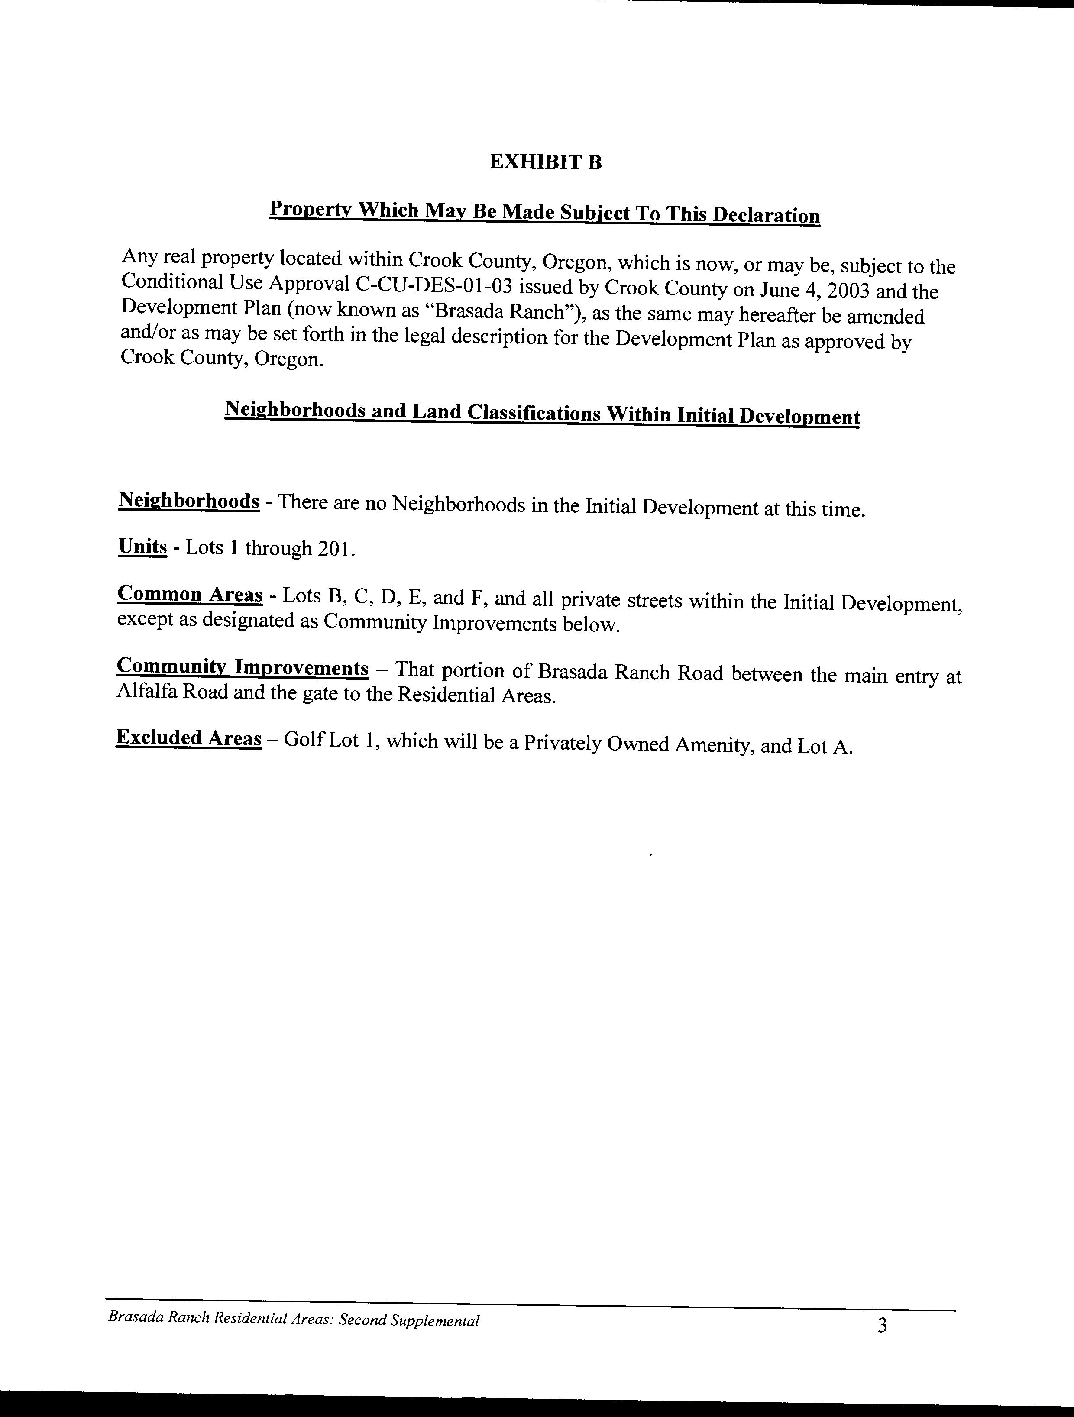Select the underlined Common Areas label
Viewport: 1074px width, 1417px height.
point(190,595)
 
